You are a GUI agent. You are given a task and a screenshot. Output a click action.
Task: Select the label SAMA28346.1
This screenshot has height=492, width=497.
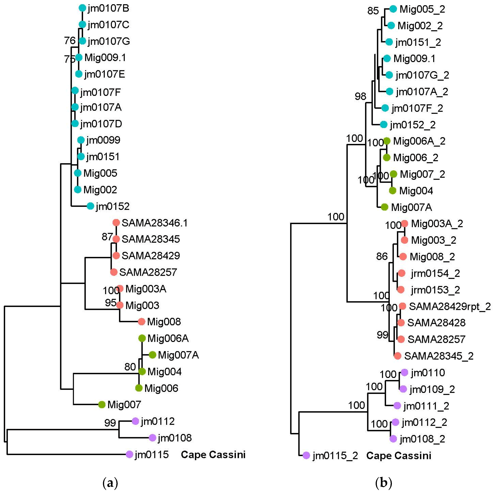[155, 223]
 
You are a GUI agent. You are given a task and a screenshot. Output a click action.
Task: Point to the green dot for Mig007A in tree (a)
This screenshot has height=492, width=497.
[153, 355]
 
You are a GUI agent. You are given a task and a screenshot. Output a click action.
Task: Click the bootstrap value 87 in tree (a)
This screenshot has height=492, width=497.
[107, 237]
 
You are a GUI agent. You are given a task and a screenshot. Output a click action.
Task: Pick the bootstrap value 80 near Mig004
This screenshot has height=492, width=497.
[130, 367]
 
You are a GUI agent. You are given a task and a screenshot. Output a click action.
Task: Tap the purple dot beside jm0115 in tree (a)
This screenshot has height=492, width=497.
[129, 454]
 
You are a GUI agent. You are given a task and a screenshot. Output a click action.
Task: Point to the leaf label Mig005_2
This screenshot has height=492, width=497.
[422, 9]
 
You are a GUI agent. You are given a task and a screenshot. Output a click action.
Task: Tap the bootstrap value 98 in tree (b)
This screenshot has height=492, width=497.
[360, 96]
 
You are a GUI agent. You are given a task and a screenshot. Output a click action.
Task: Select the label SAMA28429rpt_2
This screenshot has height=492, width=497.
[450, 306]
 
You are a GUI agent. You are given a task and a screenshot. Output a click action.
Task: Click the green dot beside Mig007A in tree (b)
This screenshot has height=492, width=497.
[384, 207]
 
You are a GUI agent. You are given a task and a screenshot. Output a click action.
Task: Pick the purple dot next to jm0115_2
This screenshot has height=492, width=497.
[306, 455]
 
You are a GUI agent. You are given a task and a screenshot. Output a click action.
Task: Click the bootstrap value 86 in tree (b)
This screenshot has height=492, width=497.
[382, 256]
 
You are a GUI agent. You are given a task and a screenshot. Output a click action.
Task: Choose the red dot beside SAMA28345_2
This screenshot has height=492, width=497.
[397, 356]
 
